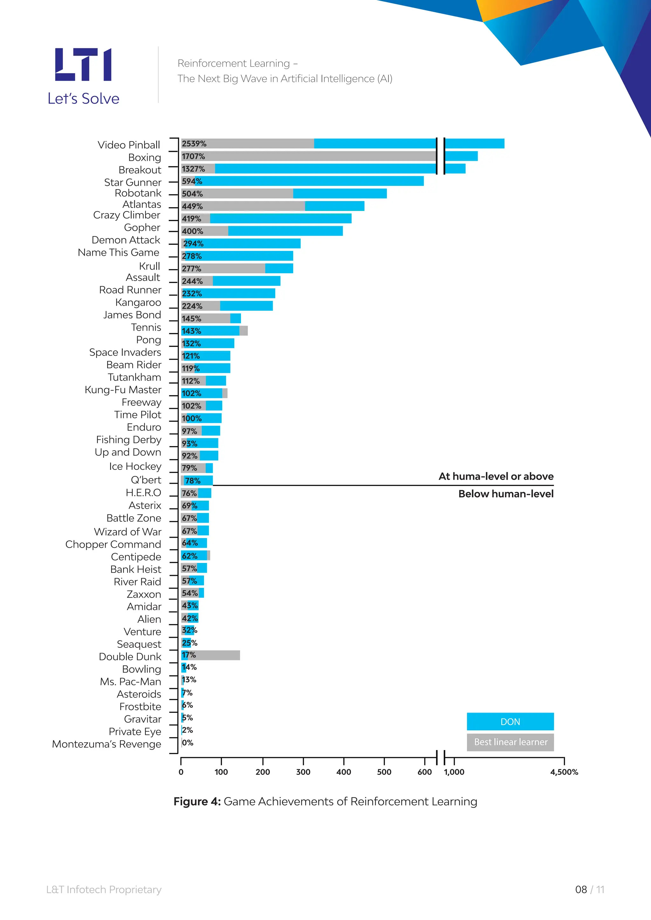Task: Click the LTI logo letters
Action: [x=83, y=64]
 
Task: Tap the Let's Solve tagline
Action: [x=83, y=98]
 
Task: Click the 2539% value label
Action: [x=194, y=144]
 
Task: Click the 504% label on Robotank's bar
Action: [x=192, y=193]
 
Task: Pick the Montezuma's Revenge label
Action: [x=106, y=744]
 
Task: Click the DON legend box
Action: [x=510, y=722]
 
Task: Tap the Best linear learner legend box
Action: [x=510, y=742]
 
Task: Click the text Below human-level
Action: [x=505, y=494]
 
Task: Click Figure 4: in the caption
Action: [x=197, y=802]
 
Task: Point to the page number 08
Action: [x=581, y=890]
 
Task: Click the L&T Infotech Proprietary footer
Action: [x=104, y=890]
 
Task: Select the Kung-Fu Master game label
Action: [x=123, y=390]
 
